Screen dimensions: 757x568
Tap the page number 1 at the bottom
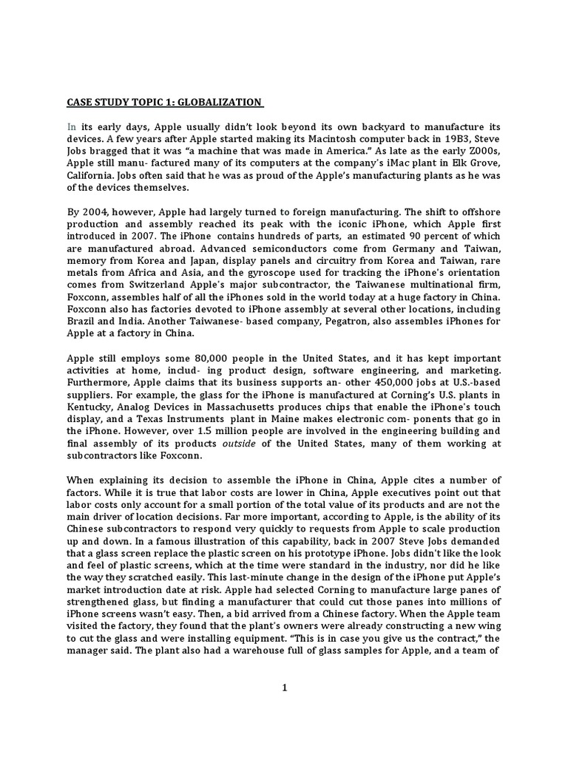pos(283,688)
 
